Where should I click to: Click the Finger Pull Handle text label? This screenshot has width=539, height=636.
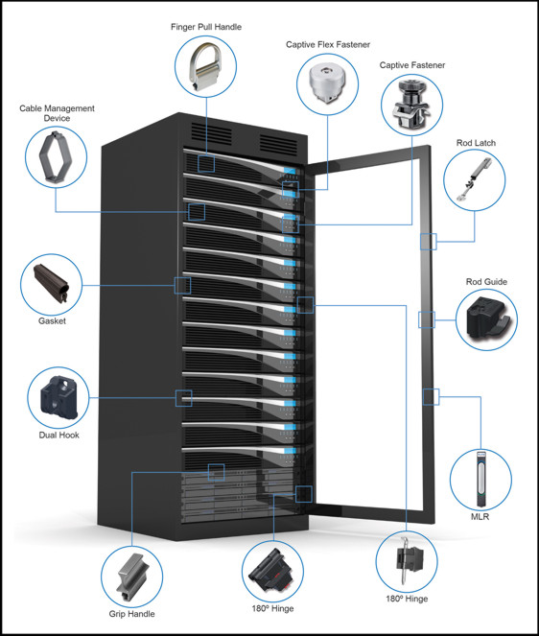(206, 27)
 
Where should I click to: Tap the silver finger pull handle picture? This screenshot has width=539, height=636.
(205, 67)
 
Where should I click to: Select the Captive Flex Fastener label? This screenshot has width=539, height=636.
(328, 45)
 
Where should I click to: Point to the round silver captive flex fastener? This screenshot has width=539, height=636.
(327, 84)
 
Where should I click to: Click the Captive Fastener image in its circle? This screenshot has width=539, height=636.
(412, 106)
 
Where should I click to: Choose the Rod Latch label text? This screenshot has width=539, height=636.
(476, 143)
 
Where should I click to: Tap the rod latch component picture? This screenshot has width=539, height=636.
(474, 179)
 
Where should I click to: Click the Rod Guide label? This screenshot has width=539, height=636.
(486, 281)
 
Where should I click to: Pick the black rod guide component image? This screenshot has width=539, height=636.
(486, 318)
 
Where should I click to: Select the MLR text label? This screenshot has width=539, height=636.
(480, 517)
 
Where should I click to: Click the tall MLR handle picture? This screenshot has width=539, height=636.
(480, 479)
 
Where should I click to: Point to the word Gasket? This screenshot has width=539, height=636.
(52, 320)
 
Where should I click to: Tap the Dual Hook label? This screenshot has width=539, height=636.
(59, 435)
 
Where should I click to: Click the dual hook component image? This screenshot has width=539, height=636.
(59, 396)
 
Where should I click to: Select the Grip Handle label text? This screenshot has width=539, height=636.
(131, 614)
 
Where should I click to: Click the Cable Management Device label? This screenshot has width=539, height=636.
(57, 113)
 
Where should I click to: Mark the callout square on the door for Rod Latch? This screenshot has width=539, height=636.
(429, 242)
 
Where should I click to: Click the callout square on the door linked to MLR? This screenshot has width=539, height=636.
(431, 397)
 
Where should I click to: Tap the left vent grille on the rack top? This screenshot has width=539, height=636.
(211, 133)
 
